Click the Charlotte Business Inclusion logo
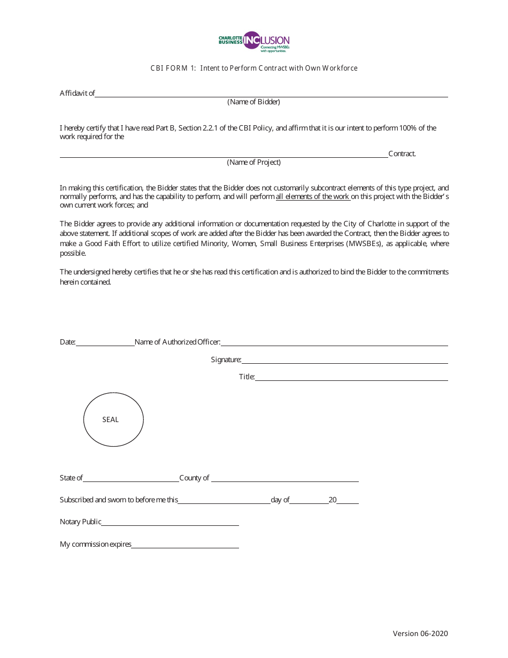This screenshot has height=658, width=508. (x=254, y=41)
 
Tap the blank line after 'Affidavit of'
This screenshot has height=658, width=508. (x=272, y=94)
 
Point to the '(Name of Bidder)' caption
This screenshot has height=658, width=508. (x=253, y=102)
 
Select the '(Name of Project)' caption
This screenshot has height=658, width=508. (x=253, y=163)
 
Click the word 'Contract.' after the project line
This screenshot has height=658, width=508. (x=402, y=154)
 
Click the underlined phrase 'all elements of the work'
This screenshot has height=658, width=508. (x=312, y=197)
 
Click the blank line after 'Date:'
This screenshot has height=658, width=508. (x=105, y=343)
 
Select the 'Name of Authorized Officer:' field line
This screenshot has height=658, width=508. (x=334, y=343)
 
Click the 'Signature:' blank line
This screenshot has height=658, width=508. (x=344, y=361)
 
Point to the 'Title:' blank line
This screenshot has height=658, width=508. (x=351, y=378)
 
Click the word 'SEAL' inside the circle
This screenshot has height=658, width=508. (x=111, y=420)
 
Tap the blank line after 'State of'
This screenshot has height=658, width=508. (x=131, y=479)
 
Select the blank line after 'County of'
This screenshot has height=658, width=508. (x=284, y=479)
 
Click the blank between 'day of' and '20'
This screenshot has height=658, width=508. (x=309, y=501)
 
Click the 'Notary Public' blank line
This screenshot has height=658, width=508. (x=170, y=523)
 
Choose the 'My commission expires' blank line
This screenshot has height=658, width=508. (x=185, y=545)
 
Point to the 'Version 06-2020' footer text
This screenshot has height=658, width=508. (x=420, y=634)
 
